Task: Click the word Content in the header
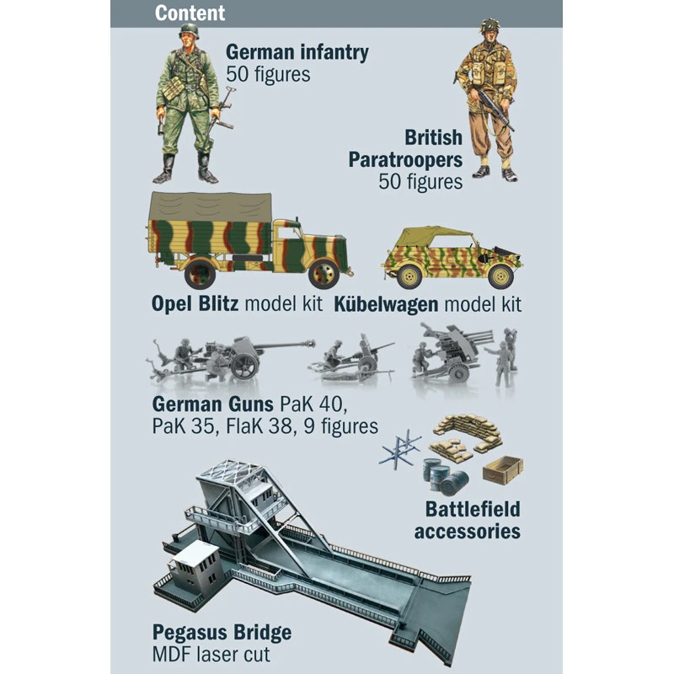tap(190, 13)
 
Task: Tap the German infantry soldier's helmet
tap(189, 32)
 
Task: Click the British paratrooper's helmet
tap(489, 27)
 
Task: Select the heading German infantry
tap(297, 52)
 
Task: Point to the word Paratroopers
tap(405, 159)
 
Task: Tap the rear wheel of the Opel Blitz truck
tap(200, 272)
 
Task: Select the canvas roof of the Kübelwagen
tap(435, 237)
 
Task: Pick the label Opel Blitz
tap(195, 303)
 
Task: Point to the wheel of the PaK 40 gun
tap(243, 365)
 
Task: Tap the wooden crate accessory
tap(503, 469)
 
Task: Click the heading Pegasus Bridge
tap(222, 632)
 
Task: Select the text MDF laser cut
tap(212, 654)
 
